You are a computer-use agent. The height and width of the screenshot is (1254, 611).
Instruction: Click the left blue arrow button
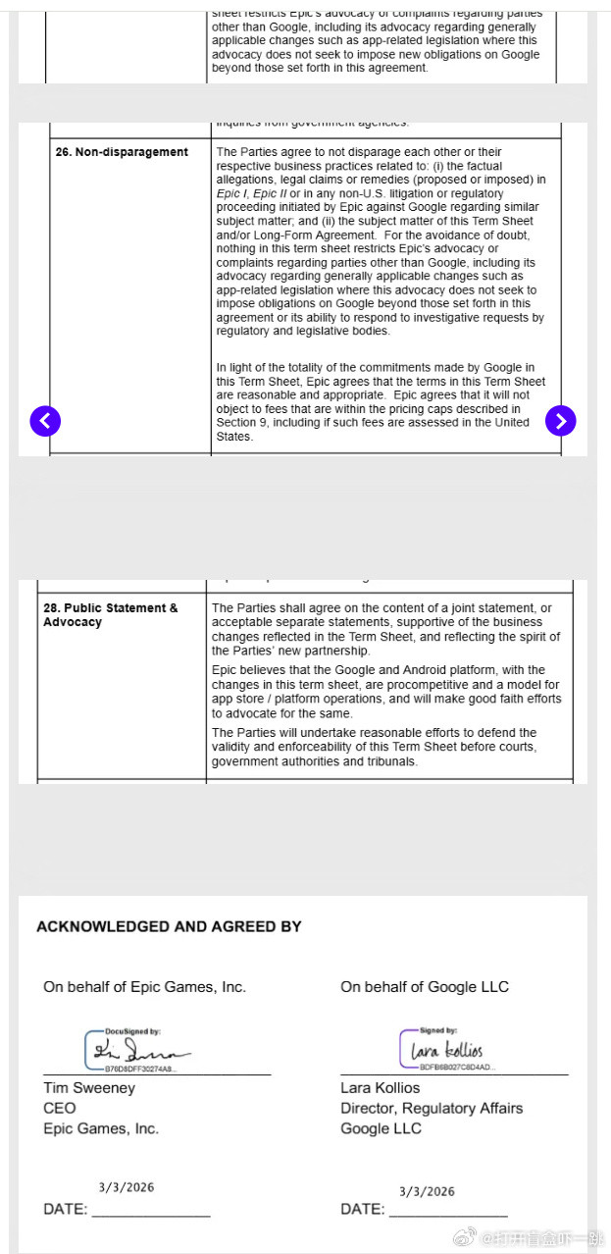pyautogui.click(x=45, y=421)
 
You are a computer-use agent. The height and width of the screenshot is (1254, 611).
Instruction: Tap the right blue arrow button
pyautogui.click(x=560, y=421)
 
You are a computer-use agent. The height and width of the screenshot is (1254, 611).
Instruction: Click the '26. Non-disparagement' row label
pyautogui.click(x=122, y=152)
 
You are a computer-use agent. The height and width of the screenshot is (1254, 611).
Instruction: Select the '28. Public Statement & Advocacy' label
pyautogui.click(x=110, y=615)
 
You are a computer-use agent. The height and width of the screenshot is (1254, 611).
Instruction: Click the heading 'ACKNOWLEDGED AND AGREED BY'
pyautogui.click(x=169, y=926)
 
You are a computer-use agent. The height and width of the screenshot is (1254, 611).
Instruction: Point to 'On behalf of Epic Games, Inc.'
pyautogui.click(x=144, y=987)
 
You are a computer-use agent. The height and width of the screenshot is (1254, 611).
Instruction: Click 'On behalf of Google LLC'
pyautogui.click(x=425, y=987)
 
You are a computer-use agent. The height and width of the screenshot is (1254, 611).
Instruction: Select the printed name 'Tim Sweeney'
pyautogui.click(x=89, y=1088)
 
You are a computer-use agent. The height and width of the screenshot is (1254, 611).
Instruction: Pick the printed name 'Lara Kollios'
pyautogui.click(x=380, y=1088)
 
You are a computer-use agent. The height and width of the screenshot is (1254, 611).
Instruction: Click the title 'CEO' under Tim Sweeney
pyautogui.click(x=59, y=1109)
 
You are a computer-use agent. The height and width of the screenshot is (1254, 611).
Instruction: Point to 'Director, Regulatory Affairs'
pyautogui.click(x=432, y=1109)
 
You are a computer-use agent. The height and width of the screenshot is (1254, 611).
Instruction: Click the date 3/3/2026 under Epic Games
pyautogui.click(x=127, y=1188)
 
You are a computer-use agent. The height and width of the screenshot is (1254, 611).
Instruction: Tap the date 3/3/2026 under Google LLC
pyautogui.click(x=427, y=1192)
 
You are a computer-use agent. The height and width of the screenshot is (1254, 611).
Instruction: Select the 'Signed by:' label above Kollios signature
pyautogui.click(x=438, y=1030)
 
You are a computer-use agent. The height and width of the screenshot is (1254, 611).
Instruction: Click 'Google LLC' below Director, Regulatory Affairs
pyautogui.click(x=381, y=1129)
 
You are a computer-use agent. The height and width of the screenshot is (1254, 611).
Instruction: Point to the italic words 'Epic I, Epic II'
pyautogui.click(x=251, y=194)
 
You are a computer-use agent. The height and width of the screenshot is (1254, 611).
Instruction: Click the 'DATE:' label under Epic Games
pyautogui.click(x=65, y=1210)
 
